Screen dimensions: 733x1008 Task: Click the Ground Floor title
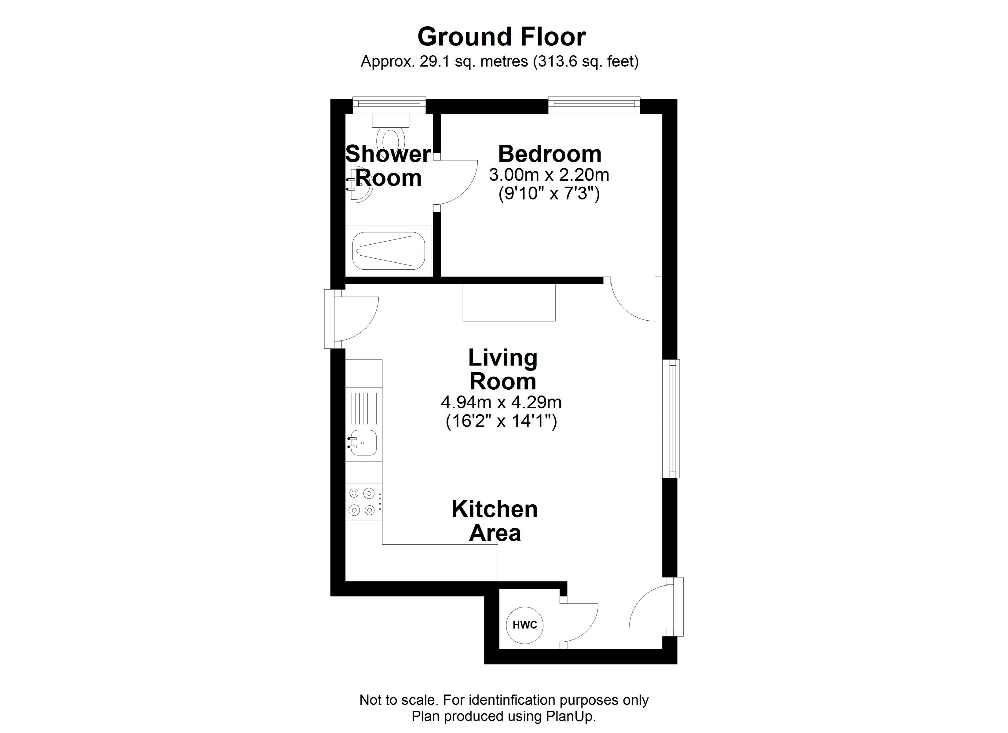[x=501, y=37]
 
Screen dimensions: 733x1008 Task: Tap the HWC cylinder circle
[x=524, y=625]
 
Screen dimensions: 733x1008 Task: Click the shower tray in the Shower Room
[x=389, y=251]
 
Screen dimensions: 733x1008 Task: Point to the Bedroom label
[x=549, y=154]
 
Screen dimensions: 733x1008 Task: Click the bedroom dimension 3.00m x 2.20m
[x=549, y=175]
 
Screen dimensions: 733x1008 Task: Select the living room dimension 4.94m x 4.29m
[x=501, y=403]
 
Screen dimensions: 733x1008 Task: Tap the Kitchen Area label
[x=495, y=521]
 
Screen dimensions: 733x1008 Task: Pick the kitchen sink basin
[x=363, y=443]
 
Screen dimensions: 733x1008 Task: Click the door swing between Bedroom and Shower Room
[x=455, y=182]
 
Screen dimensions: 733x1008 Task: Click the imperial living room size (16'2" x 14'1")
[x=501, y=421]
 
